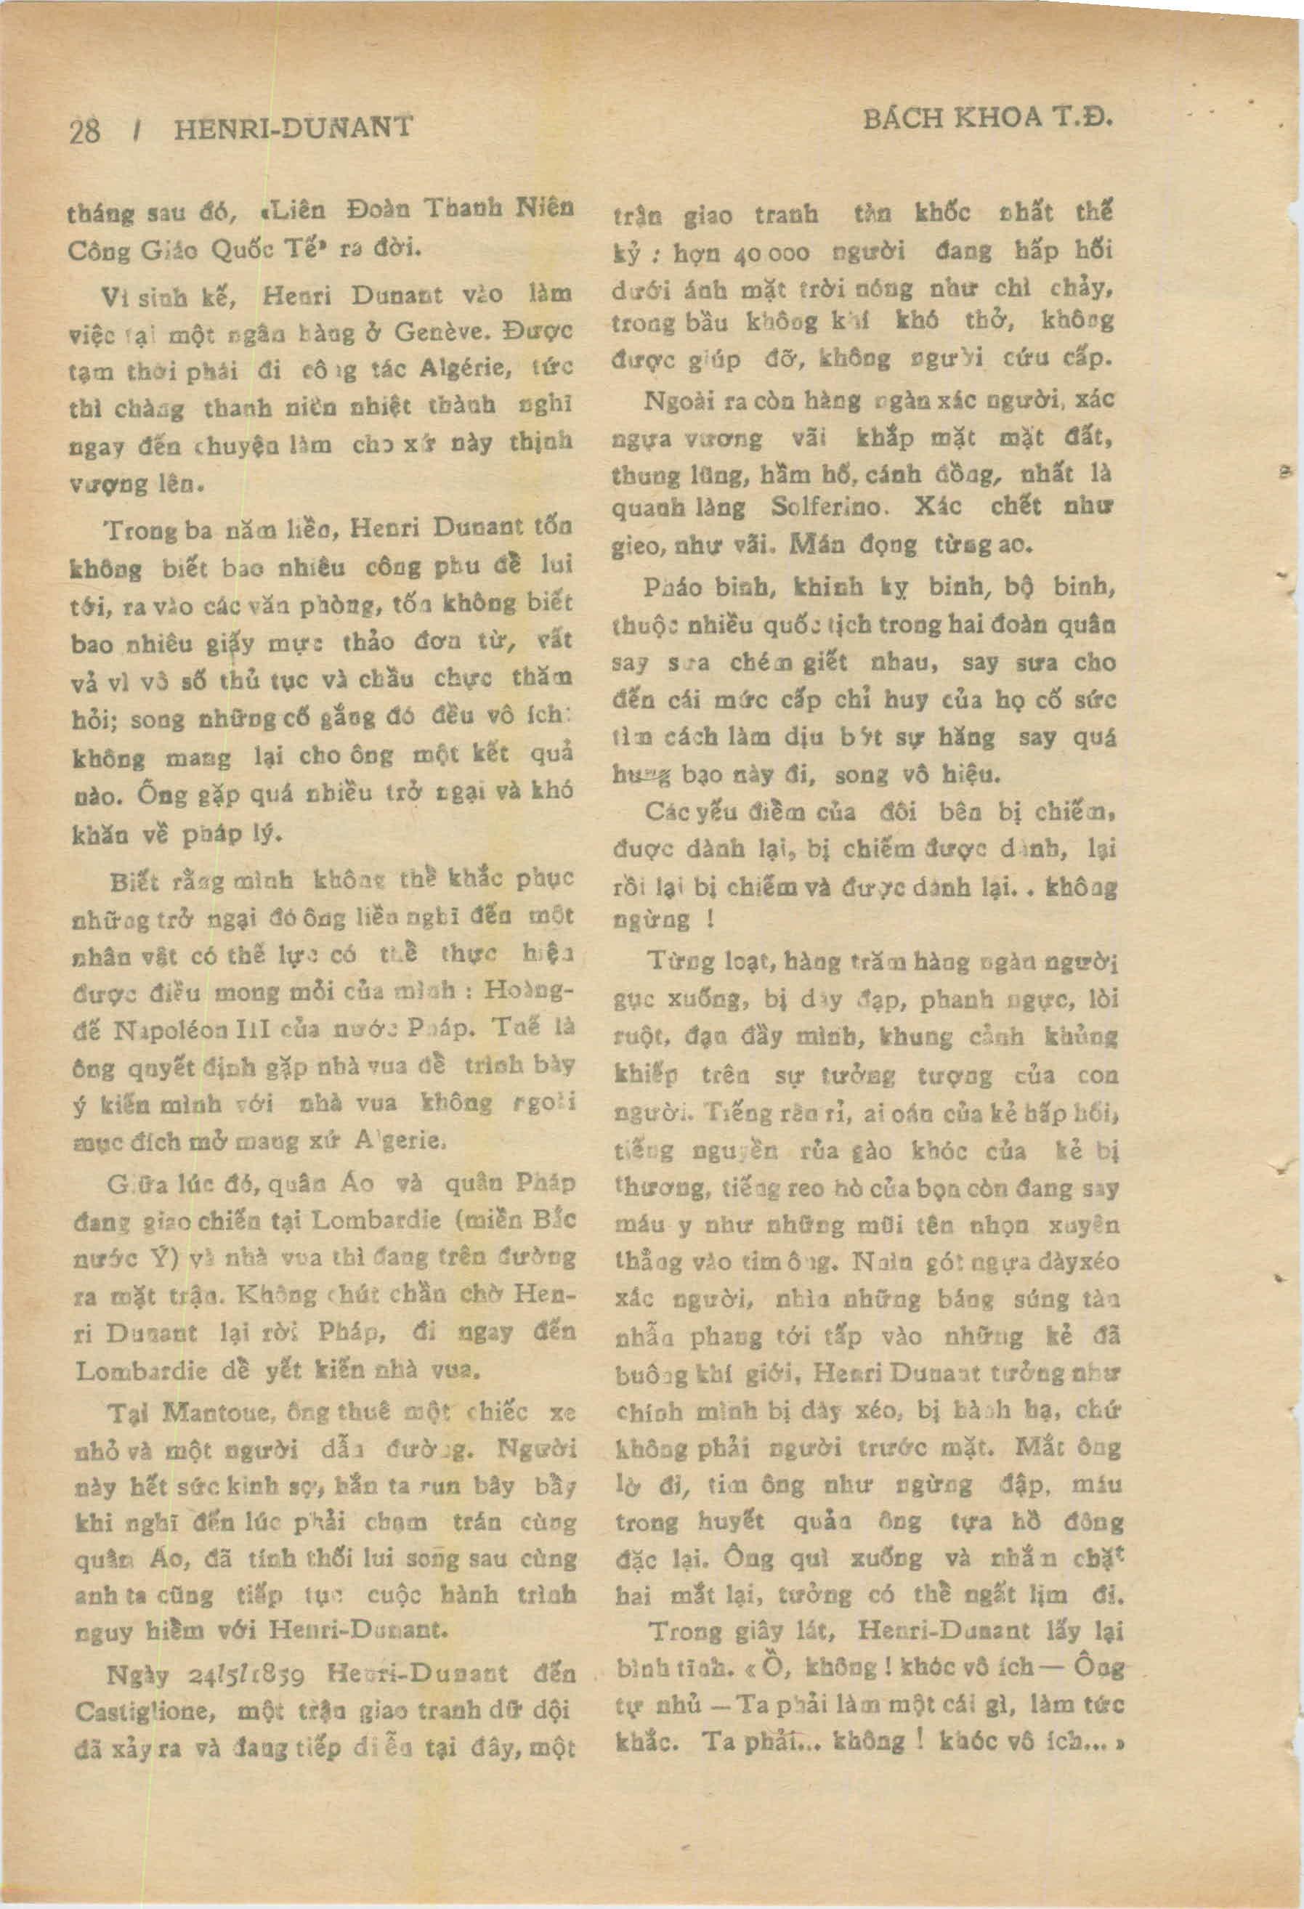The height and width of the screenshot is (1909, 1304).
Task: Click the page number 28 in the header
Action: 86,131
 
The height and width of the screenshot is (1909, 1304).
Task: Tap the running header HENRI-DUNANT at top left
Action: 293,129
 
